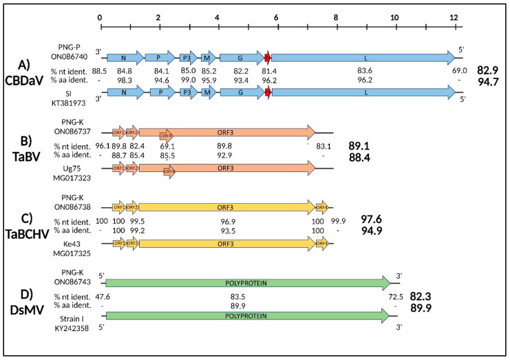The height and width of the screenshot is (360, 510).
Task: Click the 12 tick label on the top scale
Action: click(x=453, y=17)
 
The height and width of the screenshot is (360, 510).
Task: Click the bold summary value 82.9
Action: click(x=489, y=71)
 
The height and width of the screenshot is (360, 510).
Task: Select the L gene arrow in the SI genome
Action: click(x=363, y=91)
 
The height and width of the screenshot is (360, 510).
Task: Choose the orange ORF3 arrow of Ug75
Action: click(x=227, y=168)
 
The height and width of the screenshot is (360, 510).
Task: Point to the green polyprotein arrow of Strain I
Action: click(x=248, y=316)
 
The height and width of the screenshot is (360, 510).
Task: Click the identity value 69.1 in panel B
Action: click(x=168, y=147)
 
